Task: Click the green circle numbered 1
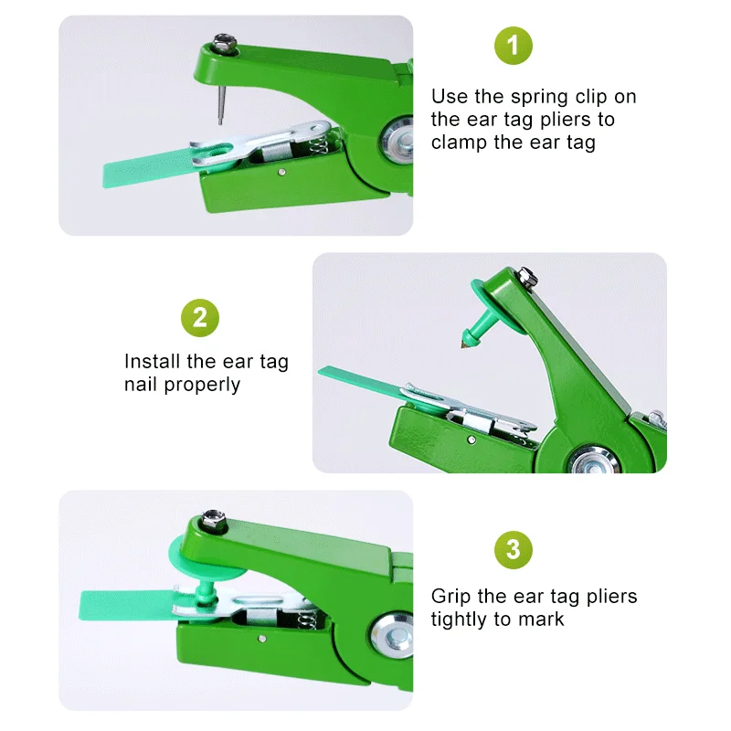coord(513,46)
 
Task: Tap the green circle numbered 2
coord(199,318)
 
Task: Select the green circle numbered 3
coord(513,550)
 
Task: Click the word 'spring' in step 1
coord(539,98)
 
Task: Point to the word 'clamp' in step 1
coord(460,143)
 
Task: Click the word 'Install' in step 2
coord(152,361)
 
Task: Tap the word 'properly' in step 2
coord(202,386)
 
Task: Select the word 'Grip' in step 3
coord(451,597)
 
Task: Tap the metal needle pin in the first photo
coord(221,105)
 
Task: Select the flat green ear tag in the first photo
coord(149,170)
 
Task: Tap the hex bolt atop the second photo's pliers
coord(527,277)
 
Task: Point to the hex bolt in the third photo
coord(213,522)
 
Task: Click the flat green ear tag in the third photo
coord(127,605)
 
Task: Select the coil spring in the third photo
coord(307,620)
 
